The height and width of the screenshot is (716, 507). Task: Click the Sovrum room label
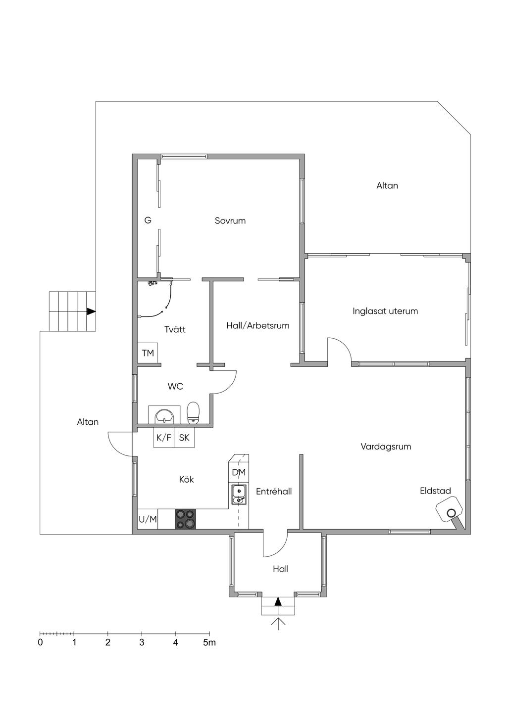pyautogui.click(x=230, y=221)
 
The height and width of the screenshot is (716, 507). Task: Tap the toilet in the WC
pyautogui.click(x=193, y=413)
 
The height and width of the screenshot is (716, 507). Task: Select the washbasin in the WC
pyautogui.click(x=164, y=415)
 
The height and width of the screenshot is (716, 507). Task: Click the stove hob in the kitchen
pyautogui.click(x=185, y=519)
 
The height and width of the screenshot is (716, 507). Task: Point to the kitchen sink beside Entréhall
pyautogui.click(x=239, y=494)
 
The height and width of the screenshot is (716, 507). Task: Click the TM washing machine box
pyautogui.click(x=148, y=353)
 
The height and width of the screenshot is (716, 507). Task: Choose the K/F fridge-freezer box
pyautogui.click(x=164, y=437)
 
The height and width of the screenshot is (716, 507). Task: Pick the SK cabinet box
pyautogui.click(x=184, y=437)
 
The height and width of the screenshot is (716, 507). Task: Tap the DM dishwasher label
pyautogui.click(x=239, y=472)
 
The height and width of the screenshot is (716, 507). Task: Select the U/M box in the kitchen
pyautogui.click(x=148, y=519)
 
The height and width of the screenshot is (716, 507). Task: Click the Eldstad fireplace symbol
pyautogui.click(x=450, y=513)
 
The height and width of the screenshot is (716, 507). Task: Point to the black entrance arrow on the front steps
pyautogui.click(x=278, y=602)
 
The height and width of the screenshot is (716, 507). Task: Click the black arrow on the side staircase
pyautogui.click(x=92, y=312)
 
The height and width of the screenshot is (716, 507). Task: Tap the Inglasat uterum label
pyautogui.click(x=385, y=311)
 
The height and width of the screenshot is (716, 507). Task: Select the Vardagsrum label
pyautogui.click(x=386, y=447)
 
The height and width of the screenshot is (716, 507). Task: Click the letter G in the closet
pyautogui.click(x=148, y=220)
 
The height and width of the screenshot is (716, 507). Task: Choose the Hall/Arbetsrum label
pyautogui.click(x=258, y=326)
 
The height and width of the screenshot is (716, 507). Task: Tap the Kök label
pyautogui.click(x=186, y=480)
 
